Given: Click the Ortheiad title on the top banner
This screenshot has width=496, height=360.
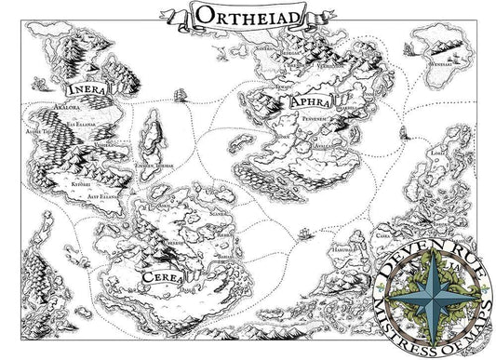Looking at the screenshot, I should pos(243,15).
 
